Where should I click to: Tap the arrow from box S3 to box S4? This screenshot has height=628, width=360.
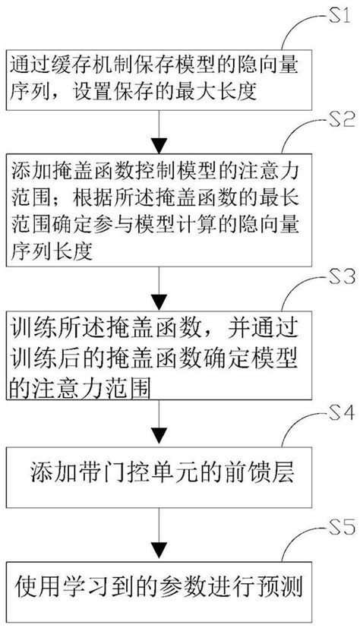point(156,425)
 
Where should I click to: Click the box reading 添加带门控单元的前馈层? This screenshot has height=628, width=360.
point(156,475)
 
